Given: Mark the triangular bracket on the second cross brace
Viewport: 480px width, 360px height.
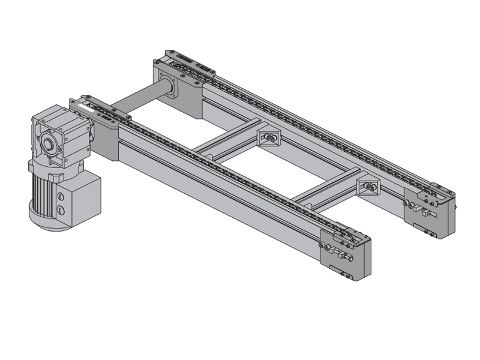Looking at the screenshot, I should click(x=367, y=188).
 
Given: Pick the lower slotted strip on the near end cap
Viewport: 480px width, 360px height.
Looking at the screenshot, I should click(x=345, y=275).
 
